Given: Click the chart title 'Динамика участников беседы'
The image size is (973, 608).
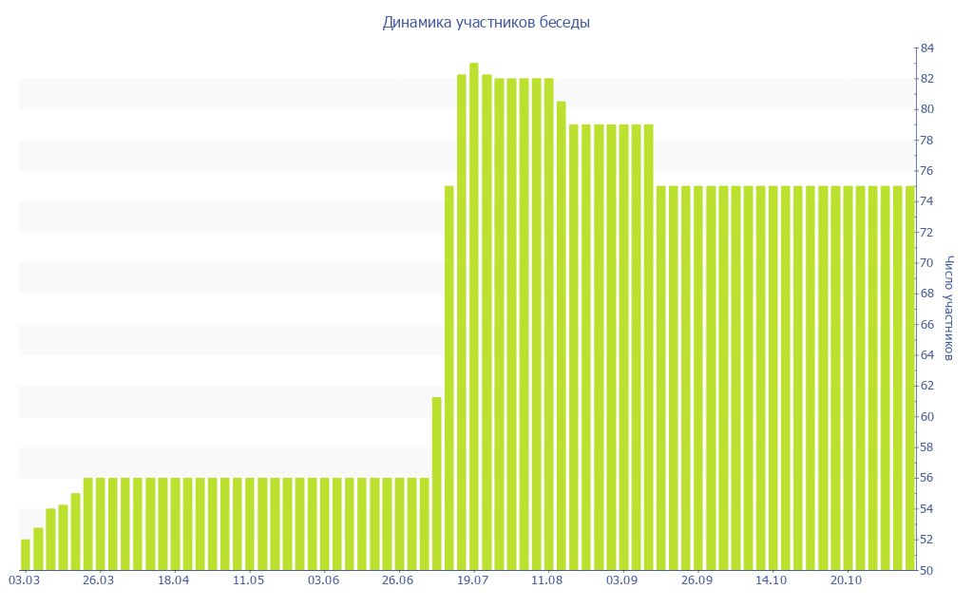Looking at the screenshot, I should tap(486, 23).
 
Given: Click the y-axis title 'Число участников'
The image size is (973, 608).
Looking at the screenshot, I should tap(948, 308).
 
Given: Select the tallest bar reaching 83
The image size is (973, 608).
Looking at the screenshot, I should tap(474, 316).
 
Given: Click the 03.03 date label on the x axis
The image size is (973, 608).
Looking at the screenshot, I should tap(24, 580).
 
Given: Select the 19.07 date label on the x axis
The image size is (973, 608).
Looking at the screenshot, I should tap(472, 580).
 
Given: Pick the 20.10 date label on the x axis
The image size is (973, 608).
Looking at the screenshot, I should tap(846, 580).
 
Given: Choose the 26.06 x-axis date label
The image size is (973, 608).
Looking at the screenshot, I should tap(397, 580).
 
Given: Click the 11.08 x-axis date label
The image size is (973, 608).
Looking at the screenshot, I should tap(547, 580).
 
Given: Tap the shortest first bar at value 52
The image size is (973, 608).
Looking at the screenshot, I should tap(26, 555).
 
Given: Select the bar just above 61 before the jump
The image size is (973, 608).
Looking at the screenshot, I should tap(437, 484).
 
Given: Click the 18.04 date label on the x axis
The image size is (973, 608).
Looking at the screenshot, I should tap(174, 580).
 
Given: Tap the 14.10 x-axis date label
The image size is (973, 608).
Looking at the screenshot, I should tap(771, 580).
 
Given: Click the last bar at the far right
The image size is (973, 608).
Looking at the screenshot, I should tap(910, 378).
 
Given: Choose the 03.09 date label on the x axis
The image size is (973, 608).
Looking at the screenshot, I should tap(621, 580).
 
